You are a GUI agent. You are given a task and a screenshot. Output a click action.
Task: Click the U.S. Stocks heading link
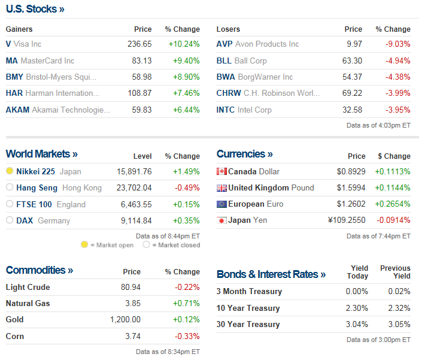click(35, 9)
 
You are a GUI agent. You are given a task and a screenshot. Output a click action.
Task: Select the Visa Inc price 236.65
click(139, 44)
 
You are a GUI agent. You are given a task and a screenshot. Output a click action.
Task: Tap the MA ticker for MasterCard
click(12, 60)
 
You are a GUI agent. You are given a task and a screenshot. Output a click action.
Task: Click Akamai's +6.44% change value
click(186, 110)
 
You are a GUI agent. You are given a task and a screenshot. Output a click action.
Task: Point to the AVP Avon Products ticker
click(224, 44)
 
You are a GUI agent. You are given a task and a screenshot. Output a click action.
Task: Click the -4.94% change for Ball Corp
click(397, 60)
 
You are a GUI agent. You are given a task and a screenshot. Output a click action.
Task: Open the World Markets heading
click(41, 154)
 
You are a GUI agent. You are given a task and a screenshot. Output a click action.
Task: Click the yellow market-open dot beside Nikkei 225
click(10, 171)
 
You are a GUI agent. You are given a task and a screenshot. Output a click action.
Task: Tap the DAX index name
click(25, 220)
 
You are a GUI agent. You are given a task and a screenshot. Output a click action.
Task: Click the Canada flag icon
click(221, 171)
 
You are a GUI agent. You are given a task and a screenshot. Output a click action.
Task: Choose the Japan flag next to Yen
click(221, 220)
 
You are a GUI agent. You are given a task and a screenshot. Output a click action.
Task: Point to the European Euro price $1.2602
click(351, 204)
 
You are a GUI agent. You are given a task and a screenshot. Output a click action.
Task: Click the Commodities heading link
click(39, 270)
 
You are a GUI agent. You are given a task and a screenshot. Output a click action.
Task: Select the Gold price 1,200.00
click(125, 319)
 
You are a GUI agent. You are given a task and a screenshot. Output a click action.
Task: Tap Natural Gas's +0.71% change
click(187, 303)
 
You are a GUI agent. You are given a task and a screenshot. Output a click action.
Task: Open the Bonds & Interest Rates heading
click(271, 274)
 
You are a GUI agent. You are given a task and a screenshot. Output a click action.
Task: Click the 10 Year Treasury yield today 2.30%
click(357, 308)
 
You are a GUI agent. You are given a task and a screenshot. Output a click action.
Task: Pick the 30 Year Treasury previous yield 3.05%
click(399, 324)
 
